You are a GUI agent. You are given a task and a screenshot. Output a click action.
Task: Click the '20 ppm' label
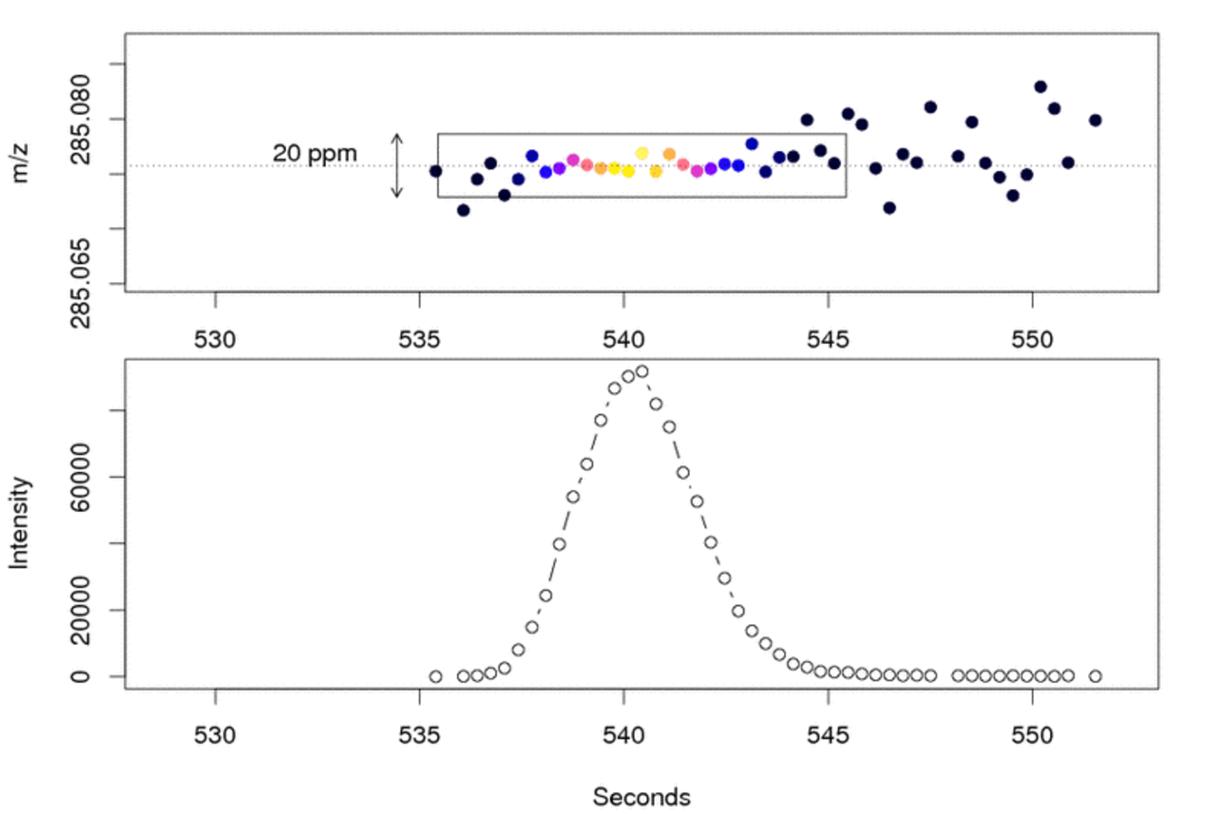point(315,154)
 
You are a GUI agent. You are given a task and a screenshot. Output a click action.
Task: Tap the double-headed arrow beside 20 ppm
point(397,166)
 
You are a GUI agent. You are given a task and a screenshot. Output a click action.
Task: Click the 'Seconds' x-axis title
point(641,797)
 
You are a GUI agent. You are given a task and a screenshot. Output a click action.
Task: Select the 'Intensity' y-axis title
point(19,523)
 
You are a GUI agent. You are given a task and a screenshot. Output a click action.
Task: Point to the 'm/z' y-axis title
point(19,164)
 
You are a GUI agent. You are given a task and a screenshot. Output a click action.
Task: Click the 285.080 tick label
point(81,119)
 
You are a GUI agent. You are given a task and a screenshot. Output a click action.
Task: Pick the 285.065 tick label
point(81,283)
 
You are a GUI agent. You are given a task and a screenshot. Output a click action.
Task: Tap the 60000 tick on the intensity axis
point(81,478)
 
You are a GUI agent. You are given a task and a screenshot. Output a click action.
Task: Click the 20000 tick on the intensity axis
point(81,610)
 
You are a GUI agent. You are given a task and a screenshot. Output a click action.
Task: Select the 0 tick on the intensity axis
point(81,677)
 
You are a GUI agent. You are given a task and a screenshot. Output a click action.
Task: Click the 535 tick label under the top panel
point(419,340)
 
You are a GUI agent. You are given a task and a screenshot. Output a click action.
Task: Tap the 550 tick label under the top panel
point(1032,340)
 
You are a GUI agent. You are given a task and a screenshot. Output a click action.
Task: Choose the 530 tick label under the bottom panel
point(215,735)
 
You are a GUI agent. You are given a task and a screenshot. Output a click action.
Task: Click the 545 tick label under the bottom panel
point(827,735)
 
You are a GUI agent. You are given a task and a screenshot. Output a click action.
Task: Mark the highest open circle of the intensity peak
point(642,372)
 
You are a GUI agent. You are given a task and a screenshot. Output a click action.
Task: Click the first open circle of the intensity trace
point(435,677)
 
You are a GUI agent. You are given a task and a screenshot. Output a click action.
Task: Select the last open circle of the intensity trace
point(1095,677)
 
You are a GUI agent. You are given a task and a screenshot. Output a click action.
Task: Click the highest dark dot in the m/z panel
point(1041,87)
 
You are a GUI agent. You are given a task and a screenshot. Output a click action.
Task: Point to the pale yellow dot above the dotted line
point(642,153)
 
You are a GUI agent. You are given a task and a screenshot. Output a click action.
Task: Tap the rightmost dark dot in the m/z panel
point(1095,120)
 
